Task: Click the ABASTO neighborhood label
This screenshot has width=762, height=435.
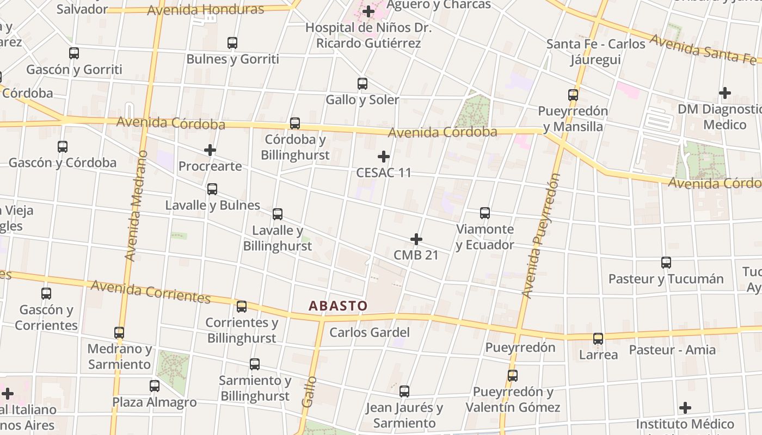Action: pos(338,306)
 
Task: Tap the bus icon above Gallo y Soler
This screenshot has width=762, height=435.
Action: pos(362,84)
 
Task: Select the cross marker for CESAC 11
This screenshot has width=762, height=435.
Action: pos(384,157)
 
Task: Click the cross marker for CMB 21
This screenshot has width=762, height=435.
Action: pos(416,239)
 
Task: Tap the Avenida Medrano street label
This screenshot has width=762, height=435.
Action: pos(136,206)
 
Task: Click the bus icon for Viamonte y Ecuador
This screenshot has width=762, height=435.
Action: pos(485,213)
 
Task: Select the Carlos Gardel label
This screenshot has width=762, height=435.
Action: pos(370,332)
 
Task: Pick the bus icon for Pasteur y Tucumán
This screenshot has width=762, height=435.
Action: pos(666,263)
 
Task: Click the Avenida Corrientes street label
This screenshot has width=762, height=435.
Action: pos(151,291)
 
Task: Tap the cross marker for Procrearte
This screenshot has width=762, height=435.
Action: pos(210,150)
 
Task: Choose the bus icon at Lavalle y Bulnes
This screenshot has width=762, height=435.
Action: pos(212,189)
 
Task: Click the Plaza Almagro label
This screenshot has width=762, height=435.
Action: pos(154,402)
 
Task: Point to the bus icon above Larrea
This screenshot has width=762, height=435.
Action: pos(598,338)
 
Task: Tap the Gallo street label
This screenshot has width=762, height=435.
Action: pos(309,391)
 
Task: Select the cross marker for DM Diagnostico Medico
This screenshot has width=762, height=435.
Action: pos(724,93)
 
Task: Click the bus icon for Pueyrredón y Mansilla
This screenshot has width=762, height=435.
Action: pos(573,95)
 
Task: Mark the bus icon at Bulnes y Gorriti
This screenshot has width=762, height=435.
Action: pos(232,42)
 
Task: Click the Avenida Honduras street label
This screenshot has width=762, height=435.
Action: pos(205,10)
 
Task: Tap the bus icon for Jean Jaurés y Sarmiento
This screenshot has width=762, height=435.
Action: pos(404,391)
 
